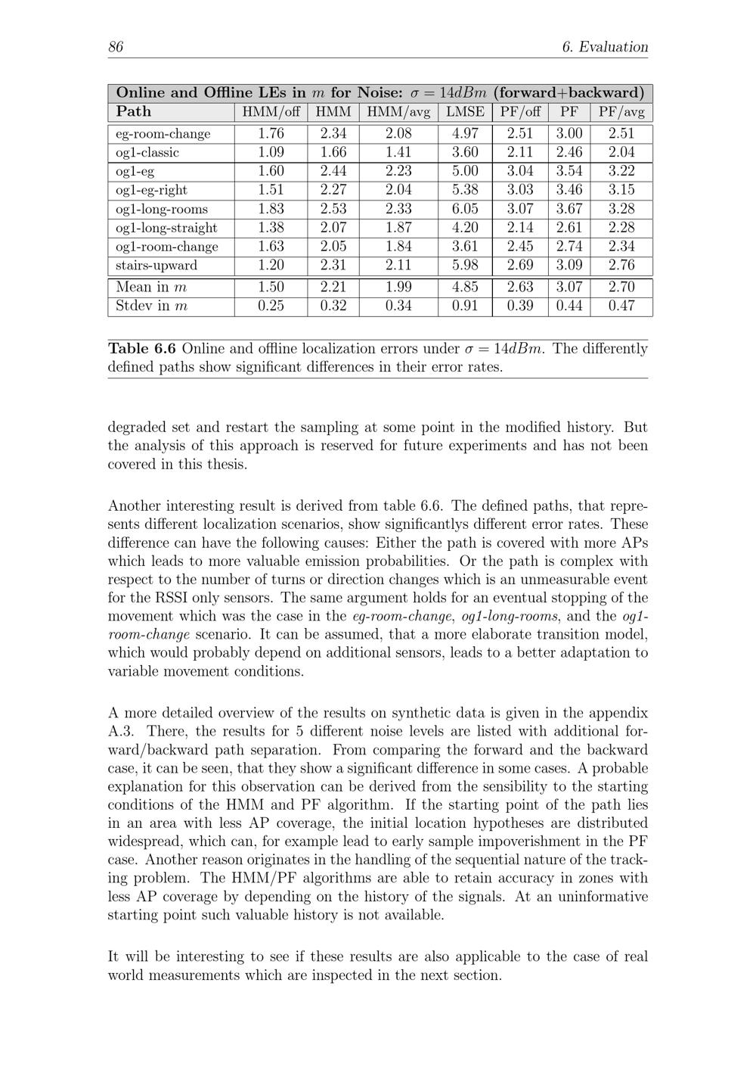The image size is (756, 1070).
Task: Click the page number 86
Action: (116, 47)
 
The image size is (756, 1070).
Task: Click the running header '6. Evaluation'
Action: (605, 47)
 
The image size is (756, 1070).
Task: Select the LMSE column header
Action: (465, 112)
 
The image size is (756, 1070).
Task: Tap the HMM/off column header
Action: (271, 112)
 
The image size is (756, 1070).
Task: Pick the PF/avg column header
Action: (621, 112)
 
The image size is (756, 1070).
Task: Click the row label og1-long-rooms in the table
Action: (162, 209)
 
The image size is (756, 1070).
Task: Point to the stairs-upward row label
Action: (156, 266)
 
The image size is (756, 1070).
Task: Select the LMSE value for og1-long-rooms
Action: (465, 209)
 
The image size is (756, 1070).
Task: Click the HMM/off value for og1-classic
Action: (271, 152)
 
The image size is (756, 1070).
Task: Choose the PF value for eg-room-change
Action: (569, 133)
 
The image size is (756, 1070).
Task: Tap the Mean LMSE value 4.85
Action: (465, 287)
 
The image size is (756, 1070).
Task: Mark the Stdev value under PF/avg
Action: (621, 306)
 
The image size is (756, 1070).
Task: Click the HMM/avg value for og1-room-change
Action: (398, 247)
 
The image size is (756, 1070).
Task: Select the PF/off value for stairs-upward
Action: (520, 266)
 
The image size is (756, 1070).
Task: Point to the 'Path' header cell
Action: (134, 112)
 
